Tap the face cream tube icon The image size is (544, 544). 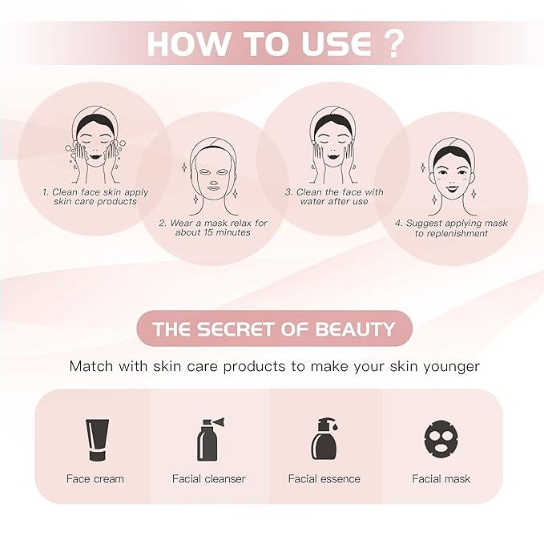pos(96,440)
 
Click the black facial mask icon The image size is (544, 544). pos(441,439)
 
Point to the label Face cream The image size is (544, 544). pos(95,479)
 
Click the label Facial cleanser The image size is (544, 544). pos(209,479)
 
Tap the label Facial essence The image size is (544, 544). pos(324,479)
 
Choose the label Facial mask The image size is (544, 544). pos(441,479)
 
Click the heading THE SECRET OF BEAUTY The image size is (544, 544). pos(274,329)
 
